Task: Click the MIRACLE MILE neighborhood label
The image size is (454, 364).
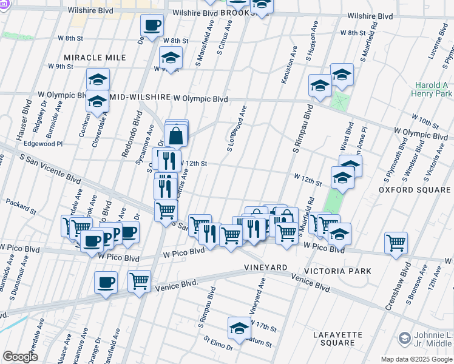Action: pos(95,58)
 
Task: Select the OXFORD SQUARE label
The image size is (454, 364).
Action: pos(415,190)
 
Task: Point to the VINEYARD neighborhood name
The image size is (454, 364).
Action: pos(265,268)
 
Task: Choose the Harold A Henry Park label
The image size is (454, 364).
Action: pos(433,90)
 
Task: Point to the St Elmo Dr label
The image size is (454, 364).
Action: pos(218,343)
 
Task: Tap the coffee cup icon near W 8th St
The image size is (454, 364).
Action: pos(152,26)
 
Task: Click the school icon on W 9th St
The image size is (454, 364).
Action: pos(171,58)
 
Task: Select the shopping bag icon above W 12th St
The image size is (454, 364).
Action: pos(175,136)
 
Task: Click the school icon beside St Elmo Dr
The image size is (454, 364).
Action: pos(239,328)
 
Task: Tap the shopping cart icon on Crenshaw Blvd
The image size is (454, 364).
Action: pos(396,243)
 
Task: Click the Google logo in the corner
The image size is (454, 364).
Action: pos(20,356)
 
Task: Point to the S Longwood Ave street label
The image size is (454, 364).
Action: pos(237,129)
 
